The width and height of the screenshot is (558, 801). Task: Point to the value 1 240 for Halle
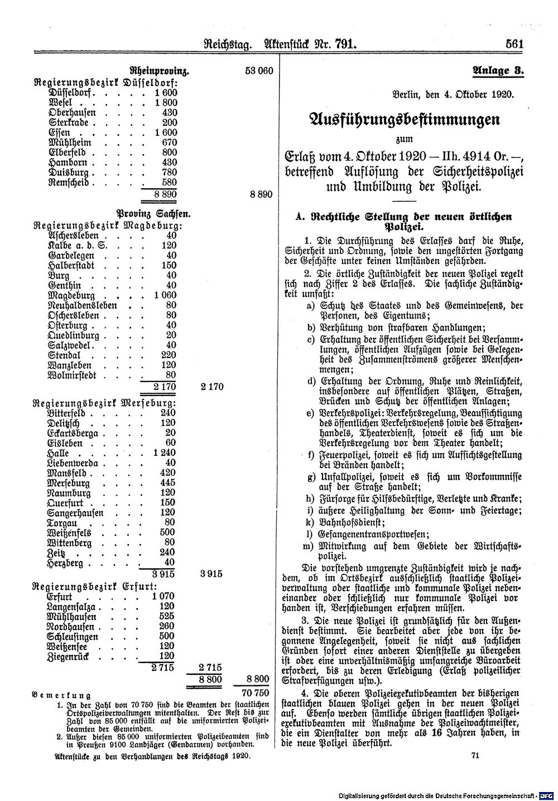(x=163, y=453)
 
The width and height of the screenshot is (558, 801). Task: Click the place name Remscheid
(x=72, y=183)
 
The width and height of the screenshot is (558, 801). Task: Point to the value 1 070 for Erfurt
(x=163, y=597)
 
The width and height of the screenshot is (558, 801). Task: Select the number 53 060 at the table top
(x=257, y=71)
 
